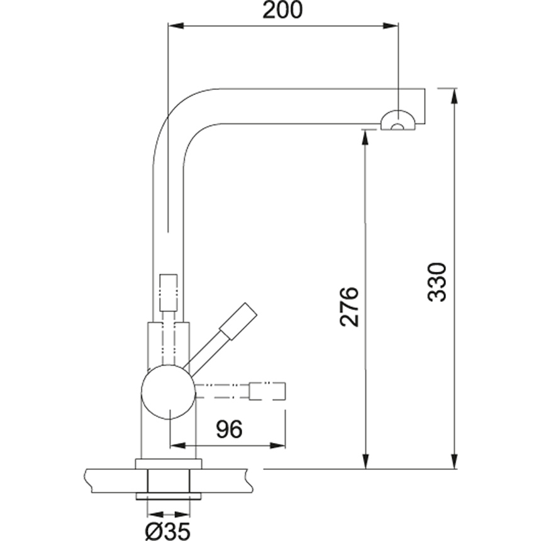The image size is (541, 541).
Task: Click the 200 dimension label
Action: tap(282, 9)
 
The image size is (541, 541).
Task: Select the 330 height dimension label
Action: tap(437, 282)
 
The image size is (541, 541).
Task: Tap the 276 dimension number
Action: tap(349, 306)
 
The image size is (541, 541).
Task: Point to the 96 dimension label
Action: tap(229, 429)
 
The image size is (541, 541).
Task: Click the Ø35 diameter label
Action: tap(168, 531)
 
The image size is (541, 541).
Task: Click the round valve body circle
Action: tap(169, 392)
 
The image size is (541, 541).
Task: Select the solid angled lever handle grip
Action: tap(239, 321)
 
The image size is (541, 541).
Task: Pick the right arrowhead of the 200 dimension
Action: tap(391, 26)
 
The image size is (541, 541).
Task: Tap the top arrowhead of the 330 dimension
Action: tap(455, 96)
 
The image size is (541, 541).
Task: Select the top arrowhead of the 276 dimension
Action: tap(365, 137)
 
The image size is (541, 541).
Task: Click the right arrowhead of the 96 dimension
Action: tap(277, 445)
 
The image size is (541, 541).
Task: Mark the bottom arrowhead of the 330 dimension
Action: tap(455, 461)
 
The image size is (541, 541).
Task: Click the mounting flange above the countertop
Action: tap(169, 464)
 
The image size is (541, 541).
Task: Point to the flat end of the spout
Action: tap(425, 106)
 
